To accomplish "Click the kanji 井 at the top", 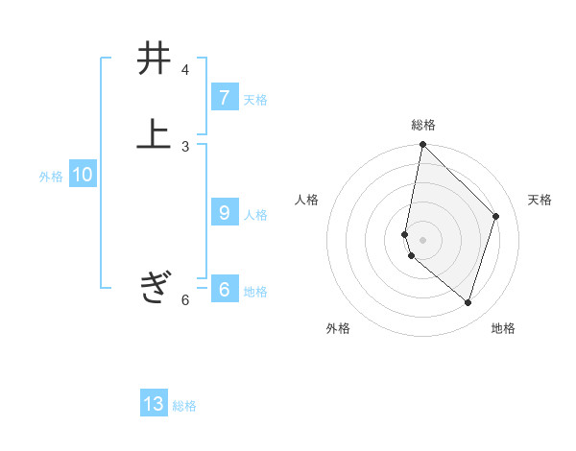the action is tap(154, 59).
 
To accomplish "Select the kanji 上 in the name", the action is tap(154, 135).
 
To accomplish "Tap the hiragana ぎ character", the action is tap(154, 287).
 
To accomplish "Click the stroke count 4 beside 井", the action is tap(185, 70).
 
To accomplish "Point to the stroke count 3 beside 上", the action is tap(185, 146).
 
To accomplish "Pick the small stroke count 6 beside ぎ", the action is tap(185, 299).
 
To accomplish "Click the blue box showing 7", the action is tap(224, 98).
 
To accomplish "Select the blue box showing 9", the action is tap(224, 213).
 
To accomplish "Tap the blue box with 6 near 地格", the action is tap(224, 290).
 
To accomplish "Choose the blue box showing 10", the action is tap(82, 175).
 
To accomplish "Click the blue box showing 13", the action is tap(154, 404).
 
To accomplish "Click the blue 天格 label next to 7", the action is tap(255, 99).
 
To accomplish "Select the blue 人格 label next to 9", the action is tap(255, 214).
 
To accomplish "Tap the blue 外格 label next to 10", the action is tap(51, 176).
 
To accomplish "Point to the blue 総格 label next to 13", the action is tap(184, 405).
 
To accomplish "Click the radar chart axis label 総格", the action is tap(423, 125).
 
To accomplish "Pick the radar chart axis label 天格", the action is tap(540, 199).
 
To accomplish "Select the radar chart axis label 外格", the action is tap(338, 328).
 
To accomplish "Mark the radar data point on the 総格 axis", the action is tap(422, 144).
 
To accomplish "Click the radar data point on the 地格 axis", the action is tap(468, 302).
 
